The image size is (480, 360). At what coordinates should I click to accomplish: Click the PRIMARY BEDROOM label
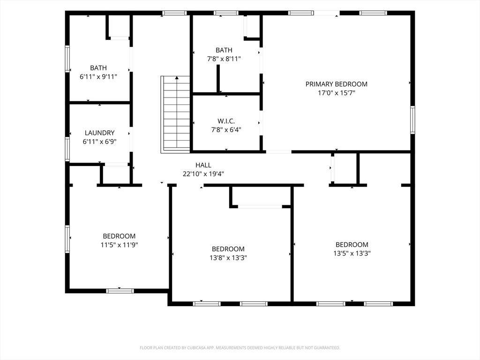pos(337,84)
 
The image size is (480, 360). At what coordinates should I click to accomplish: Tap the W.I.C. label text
pos(226,121)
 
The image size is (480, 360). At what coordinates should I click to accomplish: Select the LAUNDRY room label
pos(99,133)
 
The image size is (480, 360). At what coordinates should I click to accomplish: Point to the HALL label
pos(203,165)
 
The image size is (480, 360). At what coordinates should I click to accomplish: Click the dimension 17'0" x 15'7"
pos(337,93)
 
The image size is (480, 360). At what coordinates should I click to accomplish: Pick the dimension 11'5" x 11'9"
pos(120,245)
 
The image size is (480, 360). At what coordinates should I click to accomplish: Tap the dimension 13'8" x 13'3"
pos(228,258)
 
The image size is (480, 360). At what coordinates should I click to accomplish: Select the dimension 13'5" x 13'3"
pos(352,254)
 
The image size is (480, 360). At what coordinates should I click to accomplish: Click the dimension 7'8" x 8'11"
pos(224,59)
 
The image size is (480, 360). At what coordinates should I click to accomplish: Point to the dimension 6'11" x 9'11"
pos(98,76)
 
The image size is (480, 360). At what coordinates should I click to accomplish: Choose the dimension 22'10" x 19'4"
pos(203,174)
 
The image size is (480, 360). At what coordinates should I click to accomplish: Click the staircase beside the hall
pos(175,114)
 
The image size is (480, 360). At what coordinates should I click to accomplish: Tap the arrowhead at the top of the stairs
pos(177,78)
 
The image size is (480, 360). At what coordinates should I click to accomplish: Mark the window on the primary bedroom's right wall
pos(412,120)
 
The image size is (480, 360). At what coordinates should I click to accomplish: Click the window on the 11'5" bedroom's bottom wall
pos(120,291)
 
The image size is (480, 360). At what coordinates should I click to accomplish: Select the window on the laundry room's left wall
pos(67,149)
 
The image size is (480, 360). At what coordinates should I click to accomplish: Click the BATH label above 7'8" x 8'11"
pos(224,50)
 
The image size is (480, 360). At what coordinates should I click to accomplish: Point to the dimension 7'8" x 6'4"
pos(226,130)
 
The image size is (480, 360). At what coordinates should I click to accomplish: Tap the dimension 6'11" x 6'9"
pos(99,142)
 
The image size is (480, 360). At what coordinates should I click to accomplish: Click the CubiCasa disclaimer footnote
pos(240,348)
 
